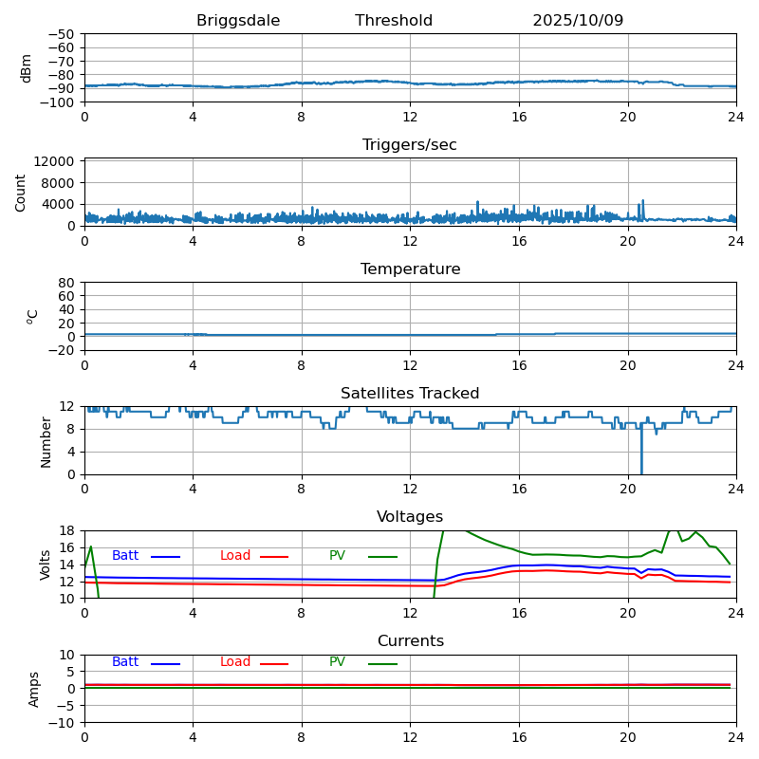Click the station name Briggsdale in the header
point(238,21)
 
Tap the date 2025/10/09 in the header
point(578,21)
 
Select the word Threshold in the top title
point(394,21)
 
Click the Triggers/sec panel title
point(410,145)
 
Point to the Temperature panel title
point(410,269)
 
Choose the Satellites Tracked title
point(410,394)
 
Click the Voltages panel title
point(410,517)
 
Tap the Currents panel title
point(410,641)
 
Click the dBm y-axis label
point(27,67)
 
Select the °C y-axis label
point(32,316)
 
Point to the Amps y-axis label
point(34,689)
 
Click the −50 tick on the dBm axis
point(61,34)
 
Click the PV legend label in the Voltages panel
point(338,556)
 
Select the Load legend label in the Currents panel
point(235,662)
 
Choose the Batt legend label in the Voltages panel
point(125,556)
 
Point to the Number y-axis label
point(46,441)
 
